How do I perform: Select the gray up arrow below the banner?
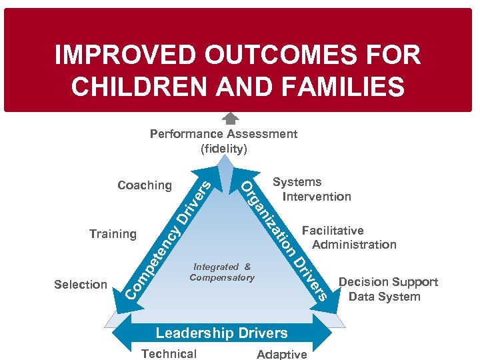click(x=230, y=119)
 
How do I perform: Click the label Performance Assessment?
click(x=223, y=134)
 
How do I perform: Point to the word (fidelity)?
click(x=223, y=148)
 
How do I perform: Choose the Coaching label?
click(x=144, y=185)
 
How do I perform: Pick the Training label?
click(x=113, y=234)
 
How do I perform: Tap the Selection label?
click(x=81, y=285)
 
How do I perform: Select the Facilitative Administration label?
click(x=348, y=238)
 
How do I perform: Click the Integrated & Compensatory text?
click(x=222, y=272)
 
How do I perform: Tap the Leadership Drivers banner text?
click(x=221, y=333)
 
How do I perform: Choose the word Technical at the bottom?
click(x=169, y=354)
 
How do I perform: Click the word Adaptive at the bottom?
click(x=281, y=354)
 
